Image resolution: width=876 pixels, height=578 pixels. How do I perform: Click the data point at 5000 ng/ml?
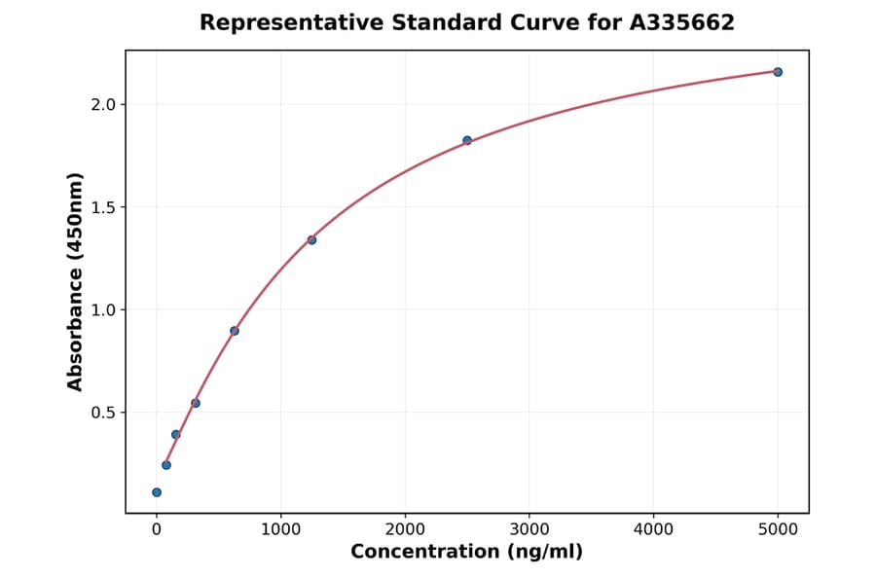(778, 72)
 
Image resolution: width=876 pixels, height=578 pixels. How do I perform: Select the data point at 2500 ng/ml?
(467, 140)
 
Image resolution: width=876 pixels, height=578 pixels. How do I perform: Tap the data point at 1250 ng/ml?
(311, 239)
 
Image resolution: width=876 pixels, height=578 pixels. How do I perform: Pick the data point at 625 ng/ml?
(235, 331)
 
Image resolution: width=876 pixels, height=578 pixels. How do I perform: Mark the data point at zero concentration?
(157, 492)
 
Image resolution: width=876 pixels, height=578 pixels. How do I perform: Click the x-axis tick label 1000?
(280, 530)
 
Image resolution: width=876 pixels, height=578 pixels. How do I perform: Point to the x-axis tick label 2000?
(405, 530)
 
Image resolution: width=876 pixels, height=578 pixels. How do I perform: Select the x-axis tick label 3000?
(529, 530)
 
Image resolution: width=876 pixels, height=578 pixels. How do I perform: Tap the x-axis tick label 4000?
(653, 530)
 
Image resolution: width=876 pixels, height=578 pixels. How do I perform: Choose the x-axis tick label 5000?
(778, 530)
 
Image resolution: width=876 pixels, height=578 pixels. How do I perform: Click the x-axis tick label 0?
(157, 530)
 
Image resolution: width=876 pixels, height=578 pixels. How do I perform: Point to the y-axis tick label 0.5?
(103, 413)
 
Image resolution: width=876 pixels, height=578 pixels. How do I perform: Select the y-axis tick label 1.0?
(103, 309)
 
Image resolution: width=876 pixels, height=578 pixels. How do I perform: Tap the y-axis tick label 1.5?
(103, 207)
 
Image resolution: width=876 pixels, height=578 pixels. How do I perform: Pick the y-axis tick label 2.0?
(103, 104)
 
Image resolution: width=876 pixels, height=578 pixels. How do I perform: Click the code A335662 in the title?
(682, 22)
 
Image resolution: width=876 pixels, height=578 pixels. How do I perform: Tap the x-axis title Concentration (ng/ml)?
(466, 553)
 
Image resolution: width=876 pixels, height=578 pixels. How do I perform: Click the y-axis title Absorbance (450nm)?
(76, 281)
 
